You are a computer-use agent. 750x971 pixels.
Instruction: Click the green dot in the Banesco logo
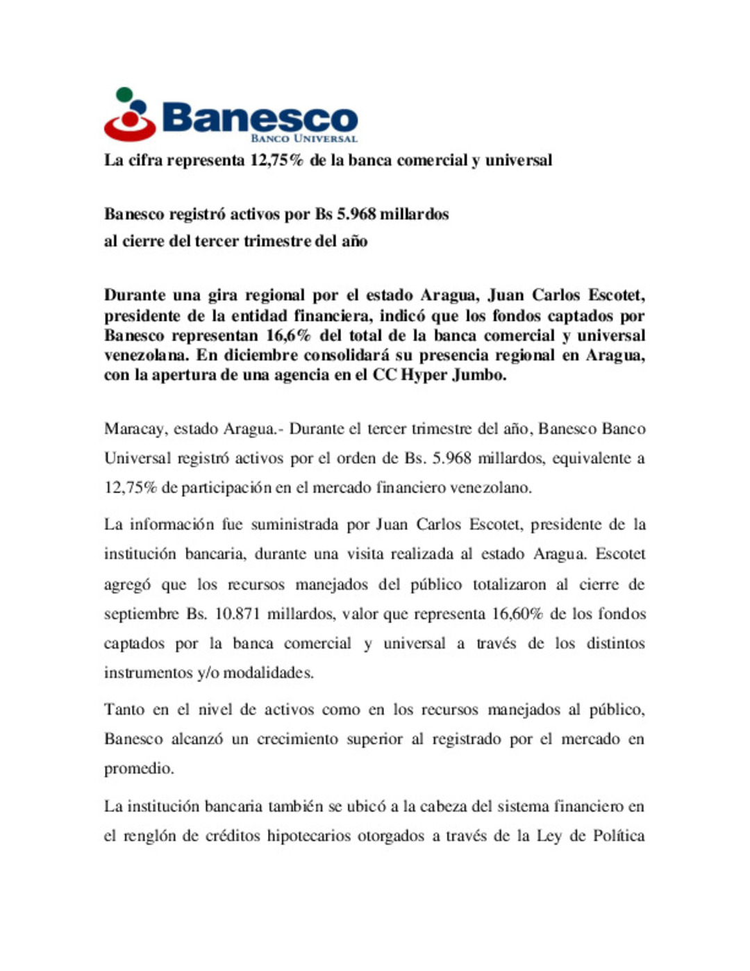click(x=124, y=94)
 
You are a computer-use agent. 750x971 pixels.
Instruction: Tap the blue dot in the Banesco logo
click(x=139, y=107)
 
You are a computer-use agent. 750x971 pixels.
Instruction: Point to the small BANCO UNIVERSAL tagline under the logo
click(x=303, y=138)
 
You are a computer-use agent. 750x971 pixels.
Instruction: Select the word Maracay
click(x=135, y=429)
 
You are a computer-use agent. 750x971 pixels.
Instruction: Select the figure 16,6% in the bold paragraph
click(x=288, y=336)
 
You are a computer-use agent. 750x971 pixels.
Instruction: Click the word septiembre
click(x=142, y=615)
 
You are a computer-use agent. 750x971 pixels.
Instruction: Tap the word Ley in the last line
click(x=549, y=836)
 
